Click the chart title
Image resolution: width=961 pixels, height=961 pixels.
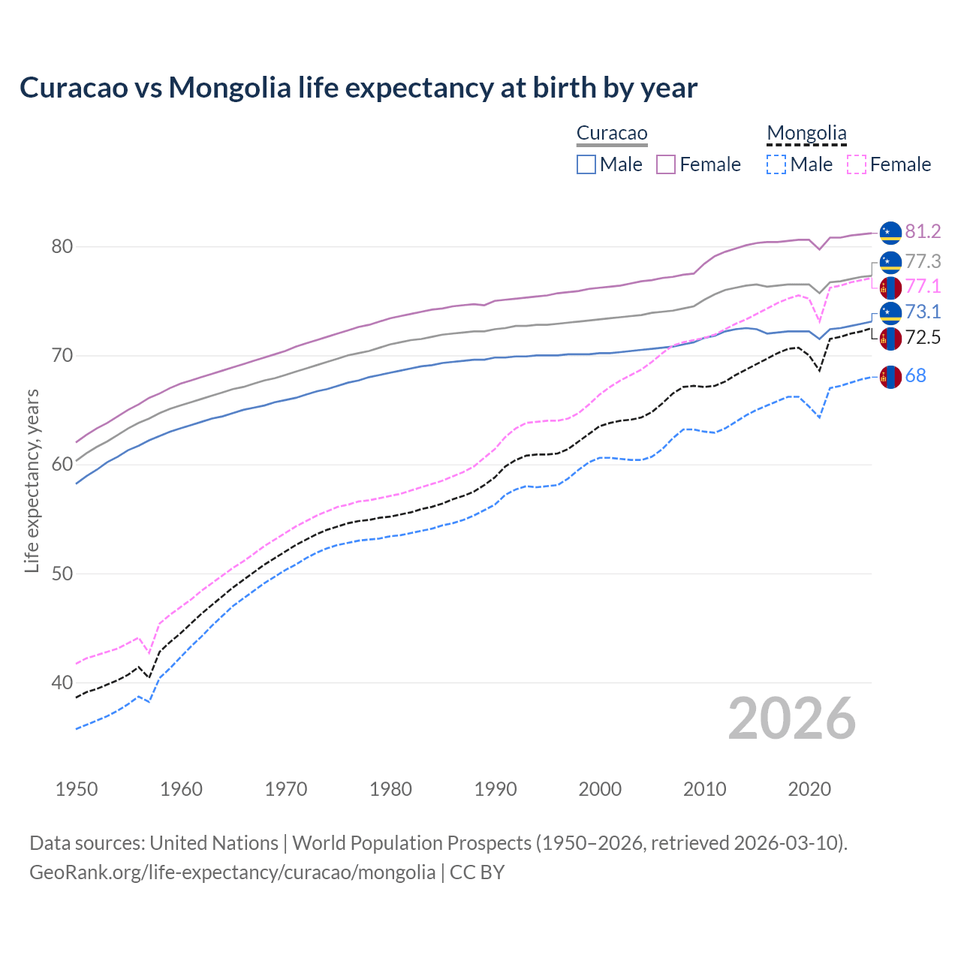(x=358, y=88)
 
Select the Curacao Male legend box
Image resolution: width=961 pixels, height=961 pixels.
(x=586, y=164)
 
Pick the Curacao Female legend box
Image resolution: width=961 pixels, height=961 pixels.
(x=666, y=164)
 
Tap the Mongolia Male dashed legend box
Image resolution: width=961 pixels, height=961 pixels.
(x=776, y=164)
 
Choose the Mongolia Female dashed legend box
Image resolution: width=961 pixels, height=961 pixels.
(x=857, y=164)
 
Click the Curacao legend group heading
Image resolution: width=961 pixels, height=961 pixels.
(x=612, y=134)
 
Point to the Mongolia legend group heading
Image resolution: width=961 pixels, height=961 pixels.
(x=806, y=134)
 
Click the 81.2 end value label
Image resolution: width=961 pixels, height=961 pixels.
(x=923, y=232)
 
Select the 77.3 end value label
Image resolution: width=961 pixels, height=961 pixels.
(x=923, y=262)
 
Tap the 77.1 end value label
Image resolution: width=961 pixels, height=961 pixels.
(x=923, y=287)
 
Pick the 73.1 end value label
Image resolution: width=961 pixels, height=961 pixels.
(x=923, y=312)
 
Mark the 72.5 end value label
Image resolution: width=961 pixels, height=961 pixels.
(x=923, y=338)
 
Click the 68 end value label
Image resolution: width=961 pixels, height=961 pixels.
(x=915, y=376)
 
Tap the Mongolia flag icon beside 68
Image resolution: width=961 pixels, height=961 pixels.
(x=890, y=377)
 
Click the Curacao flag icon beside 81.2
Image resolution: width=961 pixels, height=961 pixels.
(x=890, y=233)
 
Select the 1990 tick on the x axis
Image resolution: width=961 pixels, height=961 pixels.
(x=496, y=789)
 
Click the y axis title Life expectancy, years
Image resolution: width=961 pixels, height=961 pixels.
(x=32, y=480)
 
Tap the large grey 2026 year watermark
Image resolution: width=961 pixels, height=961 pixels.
(x=792, y=718)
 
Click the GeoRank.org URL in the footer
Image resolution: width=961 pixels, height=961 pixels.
(x=232, y=872)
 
